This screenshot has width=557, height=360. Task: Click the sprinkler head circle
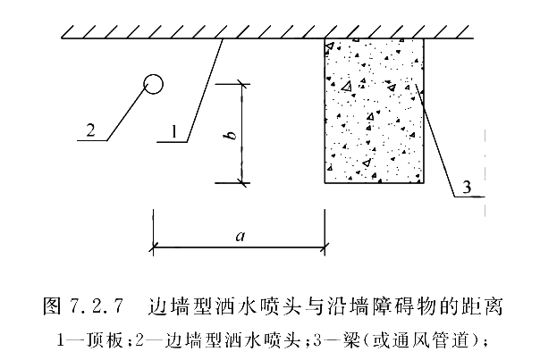[153, 85]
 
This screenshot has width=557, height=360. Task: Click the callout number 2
[89, 130]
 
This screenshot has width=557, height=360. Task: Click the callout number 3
[467, 187]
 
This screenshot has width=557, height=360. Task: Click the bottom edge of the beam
[374, 182]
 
